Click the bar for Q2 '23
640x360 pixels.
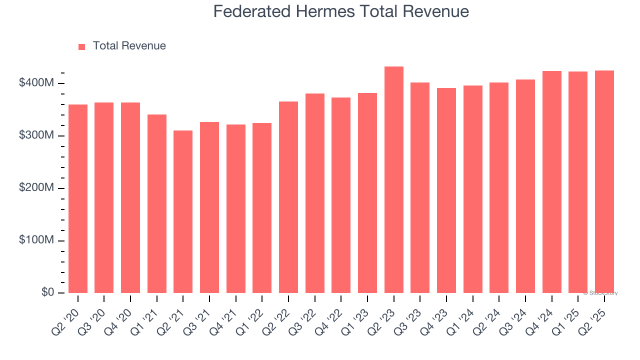393,180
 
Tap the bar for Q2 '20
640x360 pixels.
78,199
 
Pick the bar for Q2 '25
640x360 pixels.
604,182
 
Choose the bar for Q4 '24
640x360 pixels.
551,182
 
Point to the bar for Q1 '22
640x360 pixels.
262,208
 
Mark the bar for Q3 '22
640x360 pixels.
314,193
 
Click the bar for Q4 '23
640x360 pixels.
446,190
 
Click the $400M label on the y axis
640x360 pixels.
36,83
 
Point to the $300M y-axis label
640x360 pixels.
36,135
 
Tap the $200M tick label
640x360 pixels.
36,188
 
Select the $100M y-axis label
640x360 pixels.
36,240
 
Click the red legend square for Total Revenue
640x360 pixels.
82,46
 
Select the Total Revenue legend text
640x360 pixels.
129,46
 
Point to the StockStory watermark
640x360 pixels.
600,293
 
